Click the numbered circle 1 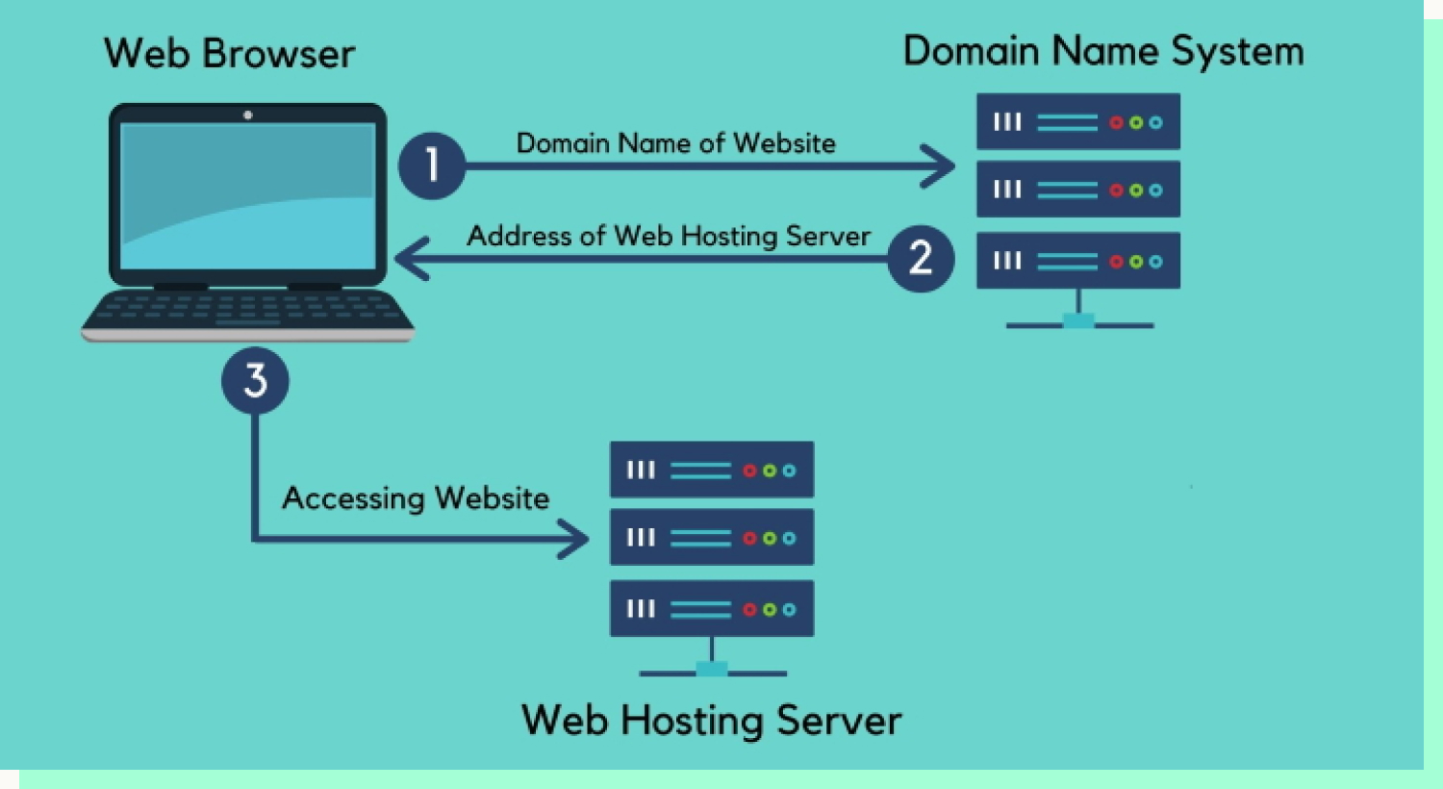(x=432, y=165)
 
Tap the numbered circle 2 (x=921, y=258)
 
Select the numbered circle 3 (x=255, y=380)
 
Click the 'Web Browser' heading (x=229, y=53)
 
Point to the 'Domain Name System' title (x=1103, y=52)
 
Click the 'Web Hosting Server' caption (x=711, y=720)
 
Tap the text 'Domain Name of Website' (x=675, y=143)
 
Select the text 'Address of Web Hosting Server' (x=669, y=236)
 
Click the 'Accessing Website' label (x=416, y=497)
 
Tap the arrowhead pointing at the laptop (x=411, y=258)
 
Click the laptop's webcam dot (x=248, y=115)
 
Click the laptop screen (x=248, y=195)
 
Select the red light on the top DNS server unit (x=1116, y=122)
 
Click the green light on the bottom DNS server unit (x=1136, y=262)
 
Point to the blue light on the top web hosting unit (x=789, y=471)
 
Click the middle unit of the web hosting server (x=712, y=537)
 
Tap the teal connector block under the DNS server (x=1078, y=320)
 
